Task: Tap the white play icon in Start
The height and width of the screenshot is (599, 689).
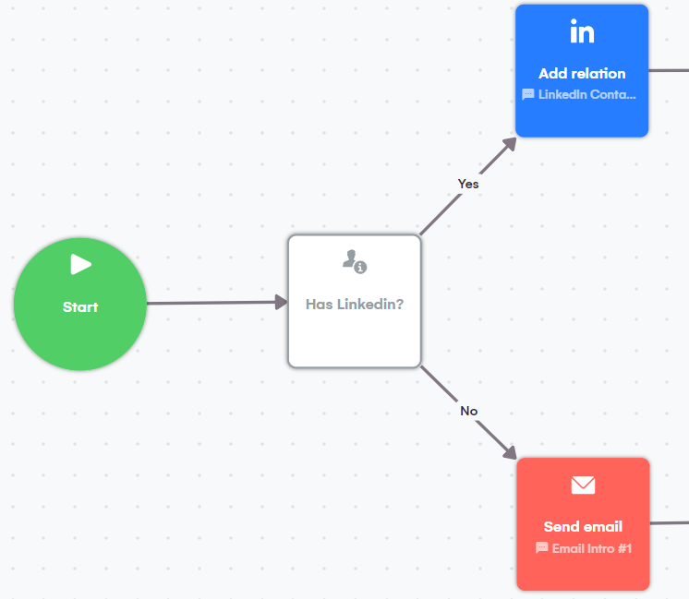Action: (81, 265)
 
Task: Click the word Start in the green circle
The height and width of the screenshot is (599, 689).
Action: (80, 307)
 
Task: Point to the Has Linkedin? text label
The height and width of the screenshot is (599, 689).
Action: (355, 303)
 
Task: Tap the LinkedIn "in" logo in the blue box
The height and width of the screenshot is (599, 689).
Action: (582, 33)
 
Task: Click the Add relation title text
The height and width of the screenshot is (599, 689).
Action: (582, 74)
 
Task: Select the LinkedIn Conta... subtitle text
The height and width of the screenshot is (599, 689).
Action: (587, 94)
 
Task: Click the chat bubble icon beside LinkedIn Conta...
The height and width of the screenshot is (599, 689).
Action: (528, 94)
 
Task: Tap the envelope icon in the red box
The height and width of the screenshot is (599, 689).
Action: (583, 485)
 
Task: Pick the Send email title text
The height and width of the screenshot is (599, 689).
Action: (583, 527)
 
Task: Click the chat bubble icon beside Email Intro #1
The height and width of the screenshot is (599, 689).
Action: (542, 548)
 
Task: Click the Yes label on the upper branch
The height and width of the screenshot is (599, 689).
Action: (468, 184)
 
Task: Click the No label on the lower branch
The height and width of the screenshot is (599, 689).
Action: (469, 411)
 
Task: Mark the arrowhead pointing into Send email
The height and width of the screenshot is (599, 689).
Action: (509, 451)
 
